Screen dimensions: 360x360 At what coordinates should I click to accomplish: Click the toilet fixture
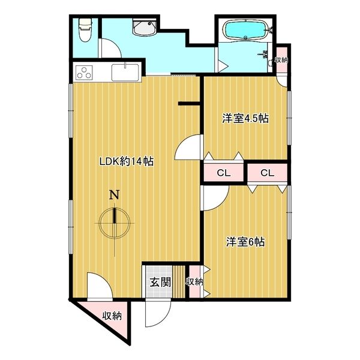click(85, 30)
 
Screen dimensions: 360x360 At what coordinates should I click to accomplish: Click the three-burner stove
click(83, 73)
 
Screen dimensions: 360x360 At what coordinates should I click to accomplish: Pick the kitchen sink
click(125, 73)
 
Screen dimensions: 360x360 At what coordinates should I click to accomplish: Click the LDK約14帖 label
click(126, 161)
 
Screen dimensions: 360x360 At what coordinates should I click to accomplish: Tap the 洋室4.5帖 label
click(245, 119)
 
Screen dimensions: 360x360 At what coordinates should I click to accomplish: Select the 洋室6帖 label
click(245, 242)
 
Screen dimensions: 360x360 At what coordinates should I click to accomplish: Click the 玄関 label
click(160, 282)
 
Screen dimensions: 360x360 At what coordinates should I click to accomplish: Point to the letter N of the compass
click(115, 195)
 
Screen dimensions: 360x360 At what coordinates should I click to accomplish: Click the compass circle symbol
click(115, 223)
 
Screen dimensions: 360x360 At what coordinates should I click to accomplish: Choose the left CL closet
click(224, 173)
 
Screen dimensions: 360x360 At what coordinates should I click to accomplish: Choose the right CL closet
click(268, 173)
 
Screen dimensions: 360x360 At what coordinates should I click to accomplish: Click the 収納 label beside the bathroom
click(281, 60)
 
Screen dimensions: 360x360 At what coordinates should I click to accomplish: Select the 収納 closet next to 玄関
click(194, 282)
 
